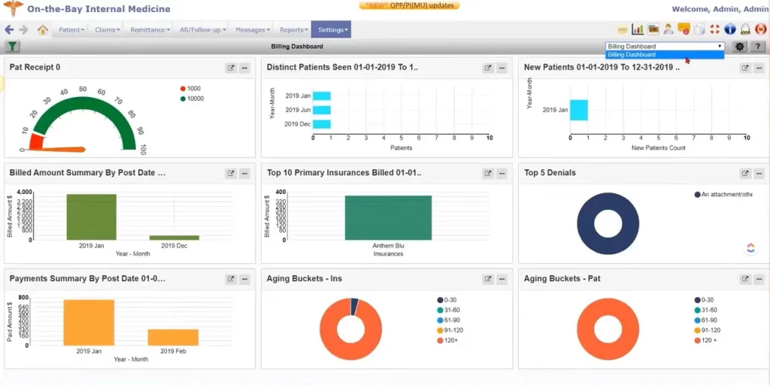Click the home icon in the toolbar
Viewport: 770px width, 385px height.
click(x=43, y=30)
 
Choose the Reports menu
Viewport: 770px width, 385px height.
click(x=293, y=30)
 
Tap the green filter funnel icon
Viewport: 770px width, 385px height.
click(x=13, y=47)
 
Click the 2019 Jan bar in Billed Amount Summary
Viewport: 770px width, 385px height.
click(x=91, y=217)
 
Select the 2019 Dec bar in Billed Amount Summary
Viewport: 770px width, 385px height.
click(x=174, y=237)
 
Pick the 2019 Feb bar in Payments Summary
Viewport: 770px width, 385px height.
click(x=173, y=337)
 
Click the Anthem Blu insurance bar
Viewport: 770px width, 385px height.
click(x=388, y=217)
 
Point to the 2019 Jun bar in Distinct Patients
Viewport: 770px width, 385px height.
click(x=322, y=110)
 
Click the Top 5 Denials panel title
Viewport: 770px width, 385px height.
click(x=550, y=173)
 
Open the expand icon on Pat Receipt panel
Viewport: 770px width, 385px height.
click(x=231, y=68)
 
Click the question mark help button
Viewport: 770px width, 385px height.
click(x=758, y=47)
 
